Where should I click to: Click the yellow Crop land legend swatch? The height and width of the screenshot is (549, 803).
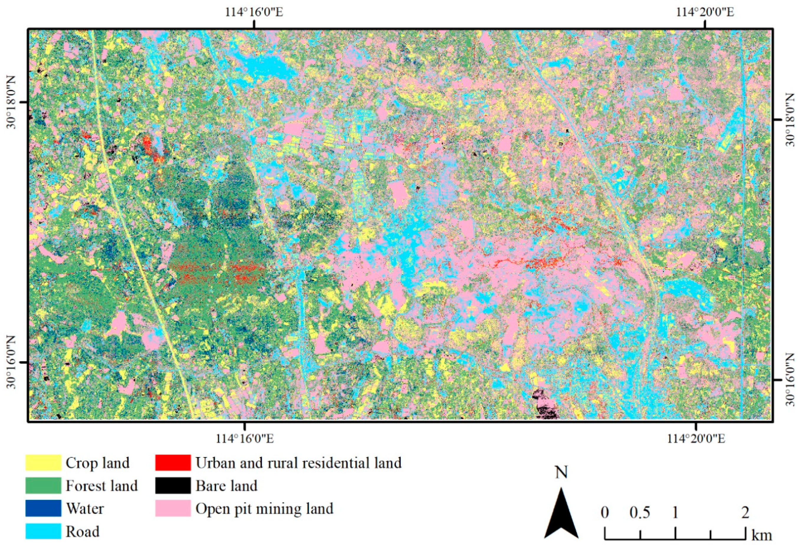pyautogui.click(x=43, y=463)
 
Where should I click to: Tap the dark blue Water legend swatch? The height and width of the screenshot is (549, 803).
pyautogui.click(x=43, y=509)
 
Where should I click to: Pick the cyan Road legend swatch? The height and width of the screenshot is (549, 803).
pyautogui.click(x=43, y=531)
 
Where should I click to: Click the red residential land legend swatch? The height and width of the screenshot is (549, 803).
pyautogui.click(x=173, y=463)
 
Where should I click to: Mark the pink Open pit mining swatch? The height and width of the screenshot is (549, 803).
pyautogui.click(x=173, y=509)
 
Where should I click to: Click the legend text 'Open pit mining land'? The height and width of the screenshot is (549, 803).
pyautogui.click(x=264, y=509)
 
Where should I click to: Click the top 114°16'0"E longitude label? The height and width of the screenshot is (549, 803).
pyautogui.click(x=254, y=12)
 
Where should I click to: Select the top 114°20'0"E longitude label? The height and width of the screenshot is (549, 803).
pyautogui.click(x=705, y=12)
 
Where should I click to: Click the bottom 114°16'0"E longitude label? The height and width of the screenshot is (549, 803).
pyautogui.click(x=245, y=438)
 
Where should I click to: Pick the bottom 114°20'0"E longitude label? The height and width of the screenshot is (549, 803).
pyautogui.click(x=696, y=438)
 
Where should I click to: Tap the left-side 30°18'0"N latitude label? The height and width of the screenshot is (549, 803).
pyautogui.click(x=12, y=102)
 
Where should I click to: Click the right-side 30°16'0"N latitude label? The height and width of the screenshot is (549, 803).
pyautogui.click(x=791, y=380)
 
